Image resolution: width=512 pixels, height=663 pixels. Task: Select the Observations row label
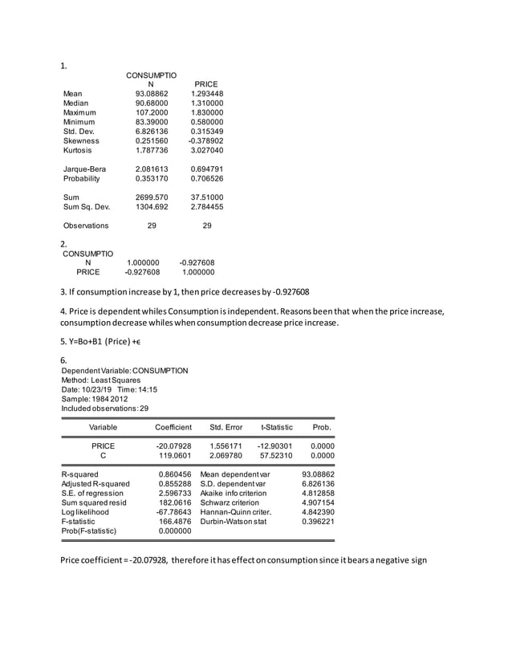[x=86, y=226]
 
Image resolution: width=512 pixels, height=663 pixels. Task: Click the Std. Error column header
[x=226, y=427]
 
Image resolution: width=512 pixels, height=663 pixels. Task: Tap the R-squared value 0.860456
[x=173, y=474]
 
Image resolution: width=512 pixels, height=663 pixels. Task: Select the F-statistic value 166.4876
[x=173, y=521]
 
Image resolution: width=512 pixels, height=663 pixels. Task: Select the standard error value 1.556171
[x=226, y=445]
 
